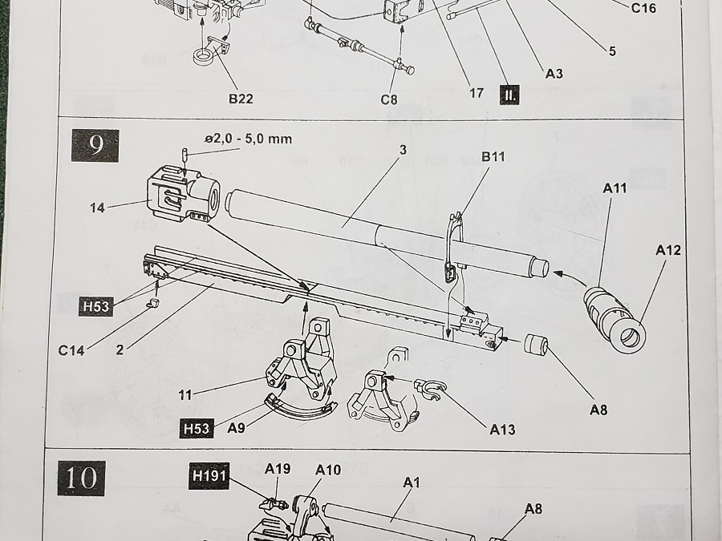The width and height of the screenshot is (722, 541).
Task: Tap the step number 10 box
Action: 81,477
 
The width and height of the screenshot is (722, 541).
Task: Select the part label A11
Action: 614,188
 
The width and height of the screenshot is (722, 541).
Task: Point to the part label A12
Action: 667,250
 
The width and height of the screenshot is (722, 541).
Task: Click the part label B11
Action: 493,156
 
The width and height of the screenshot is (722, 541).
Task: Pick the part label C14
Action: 72,349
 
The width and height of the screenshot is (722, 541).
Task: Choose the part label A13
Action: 502,430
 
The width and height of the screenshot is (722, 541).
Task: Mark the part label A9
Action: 236,428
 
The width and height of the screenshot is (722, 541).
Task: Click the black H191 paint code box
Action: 209,476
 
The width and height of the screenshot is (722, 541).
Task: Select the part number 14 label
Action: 98,208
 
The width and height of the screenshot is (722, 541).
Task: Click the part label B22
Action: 241,99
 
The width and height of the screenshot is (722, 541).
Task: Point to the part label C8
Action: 389,100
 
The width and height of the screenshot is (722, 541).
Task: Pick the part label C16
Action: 643,8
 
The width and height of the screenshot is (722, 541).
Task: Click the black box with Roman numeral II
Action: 509,95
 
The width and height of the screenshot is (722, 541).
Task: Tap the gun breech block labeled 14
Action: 183,192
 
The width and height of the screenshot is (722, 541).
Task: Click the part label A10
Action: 328,470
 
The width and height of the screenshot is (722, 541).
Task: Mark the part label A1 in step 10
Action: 412,482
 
